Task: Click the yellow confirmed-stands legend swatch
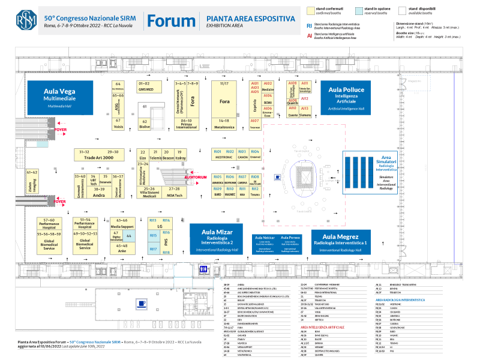click(312, 10)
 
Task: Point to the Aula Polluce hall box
click(347, 97)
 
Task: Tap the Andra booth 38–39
click(100, 193)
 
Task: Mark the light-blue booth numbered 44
click(128, 236)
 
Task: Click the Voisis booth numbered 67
click(118, 123)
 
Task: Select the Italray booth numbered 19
click(179, 155)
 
